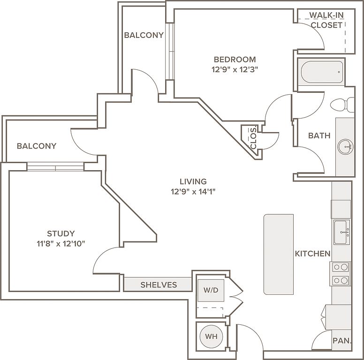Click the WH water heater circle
click(211, 336)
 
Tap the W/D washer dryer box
click(211, 290)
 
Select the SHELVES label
click(159, 285)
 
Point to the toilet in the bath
click(342, 105)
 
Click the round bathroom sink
click(345, 147)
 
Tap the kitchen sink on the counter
click(341, 232)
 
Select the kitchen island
click(279, 254)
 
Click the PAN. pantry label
click(342, 340)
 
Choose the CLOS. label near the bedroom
click(253, 137)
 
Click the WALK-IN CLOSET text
click(326, 20)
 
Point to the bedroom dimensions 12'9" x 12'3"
click(235, 69)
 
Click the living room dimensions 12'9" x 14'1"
click(193, 192)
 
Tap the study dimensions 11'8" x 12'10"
click(61, 244)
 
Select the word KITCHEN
click(312, 254)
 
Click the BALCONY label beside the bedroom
click(144, 35)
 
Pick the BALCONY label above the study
click(37, 146)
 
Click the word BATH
click(319, 135)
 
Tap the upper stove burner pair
click(341, 267)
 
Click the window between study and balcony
click(55, 166)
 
